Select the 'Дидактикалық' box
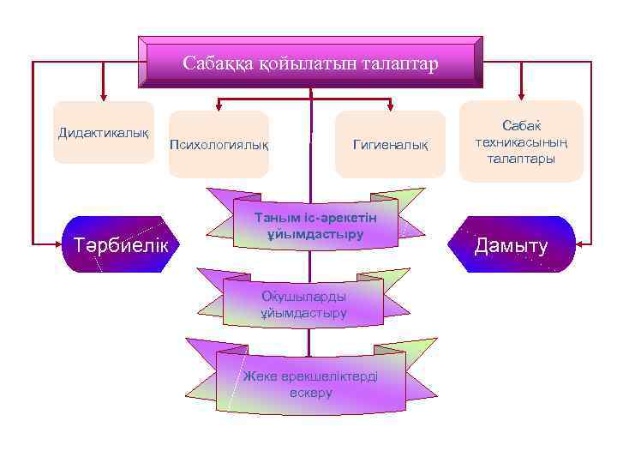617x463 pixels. (x=103, y=133)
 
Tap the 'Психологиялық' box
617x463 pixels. (x=219, y=144)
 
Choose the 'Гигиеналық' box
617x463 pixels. (x=391, y=144)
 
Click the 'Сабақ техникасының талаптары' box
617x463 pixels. (x=522, y=141)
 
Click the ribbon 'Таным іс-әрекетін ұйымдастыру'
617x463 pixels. (x=314, y=225)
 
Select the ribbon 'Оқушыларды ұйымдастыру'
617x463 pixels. (x=304, y=304)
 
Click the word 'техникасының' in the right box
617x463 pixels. (x=522, y=142)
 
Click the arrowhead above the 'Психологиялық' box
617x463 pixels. (x=219, y=106)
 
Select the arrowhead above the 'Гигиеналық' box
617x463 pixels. (x=392, y=106)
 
